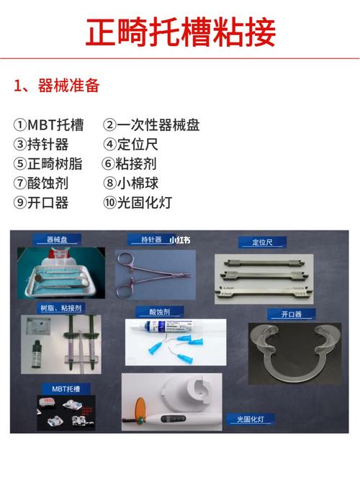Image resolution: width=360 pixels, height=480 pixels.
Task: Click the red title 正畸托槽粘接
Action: [180, 32]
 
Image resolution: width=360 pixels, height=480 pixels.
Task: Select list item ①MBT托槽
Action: [48, 125]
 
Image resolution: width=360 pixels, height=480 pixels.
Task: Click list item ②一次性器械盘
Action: [150, 125]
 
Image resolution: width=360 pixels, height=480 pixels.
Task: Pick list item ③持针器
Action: [41, 145]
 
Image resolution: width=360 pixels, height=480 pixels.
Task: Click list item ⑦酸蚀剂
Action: [41, 184]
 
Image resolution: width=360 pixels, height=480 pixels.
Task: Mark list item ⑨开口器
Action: [41, 203]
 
